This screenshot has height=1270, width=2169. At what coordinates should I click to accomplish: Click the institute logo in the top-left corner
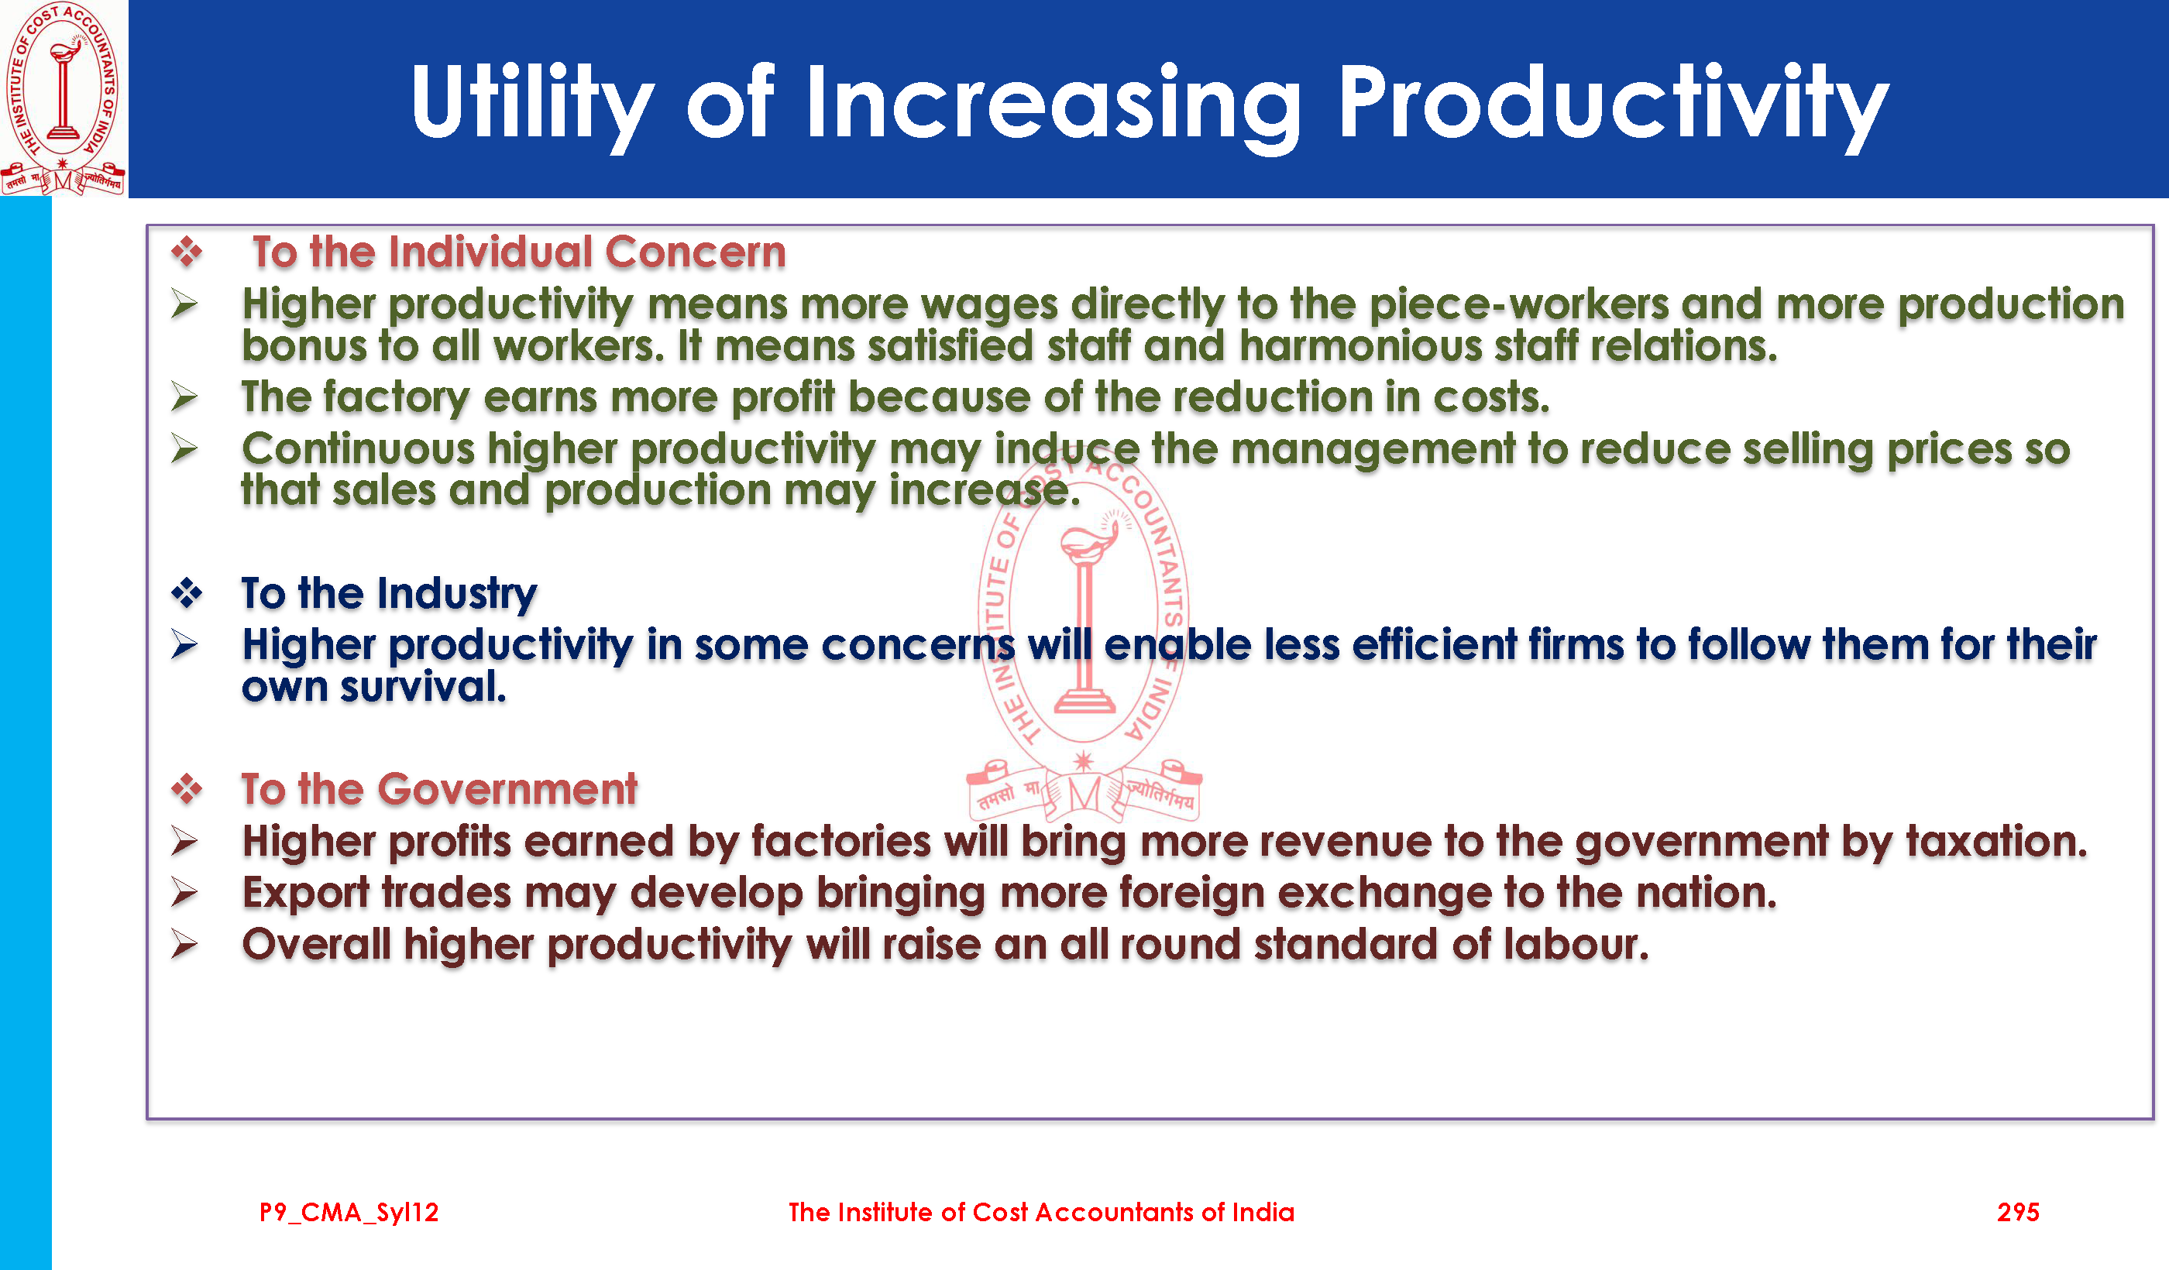(63, 98)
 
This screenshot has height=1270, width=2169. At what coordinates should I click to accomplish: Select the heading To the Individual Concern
(519, 252)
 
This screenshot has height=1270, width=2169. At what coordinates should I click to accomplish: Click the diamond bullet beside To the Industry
(187, 593)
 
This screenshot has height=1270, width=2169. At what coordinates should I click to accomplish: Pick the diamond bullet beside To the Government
(187, 788)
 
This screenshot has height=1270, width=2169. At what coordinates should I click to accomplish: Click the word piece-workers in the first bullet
(1518, 304)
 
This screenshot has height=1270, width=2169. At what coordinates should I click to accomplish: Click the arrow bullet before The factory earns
(184, 396)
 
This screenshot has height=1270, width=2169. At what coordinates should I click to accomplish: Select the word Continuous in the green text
(358, 449)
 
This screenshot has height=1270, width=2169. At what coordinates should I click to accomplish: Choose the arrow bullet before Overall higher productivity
(184, 944)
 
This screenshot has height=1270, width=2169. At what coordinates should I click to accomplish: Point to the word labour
(1576, 944)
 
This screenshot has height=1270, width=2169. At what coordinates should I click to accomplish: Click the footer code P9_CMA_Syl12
(349, 1213)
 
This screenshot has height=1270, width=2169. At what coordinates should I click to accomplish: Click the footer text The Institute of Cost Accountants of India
(1041, 1213)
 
